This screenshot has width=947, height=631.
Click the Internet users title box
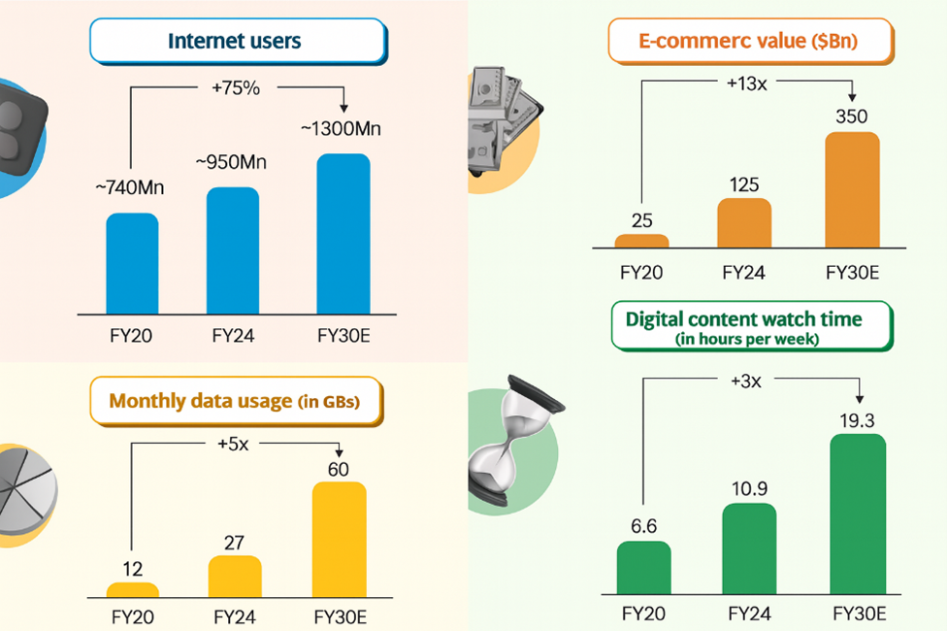(235, 42)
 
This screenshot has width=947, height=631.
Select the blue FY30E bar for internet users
(343, 233)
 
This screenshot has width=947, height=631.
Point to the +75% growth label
(236, 88)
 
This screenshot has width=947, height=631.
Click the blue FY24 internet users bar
(234, 249)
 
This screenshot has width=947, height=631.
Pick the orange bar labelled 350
(852, 189)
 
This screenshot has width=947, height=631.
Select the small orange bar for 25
(641, 241)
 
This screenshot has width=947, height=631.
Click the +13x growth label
(746, 83)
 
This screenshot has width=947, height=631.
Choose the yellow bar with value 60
(339, 539)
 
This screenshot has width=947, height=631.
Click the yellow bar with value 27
(235, 576)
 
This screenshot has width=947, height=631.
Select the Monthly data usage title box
(235, 401)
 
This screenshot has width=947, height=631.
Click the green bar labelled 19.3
(859, 514)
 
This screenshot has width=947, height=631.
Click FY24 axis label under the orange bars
(742, 273)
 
